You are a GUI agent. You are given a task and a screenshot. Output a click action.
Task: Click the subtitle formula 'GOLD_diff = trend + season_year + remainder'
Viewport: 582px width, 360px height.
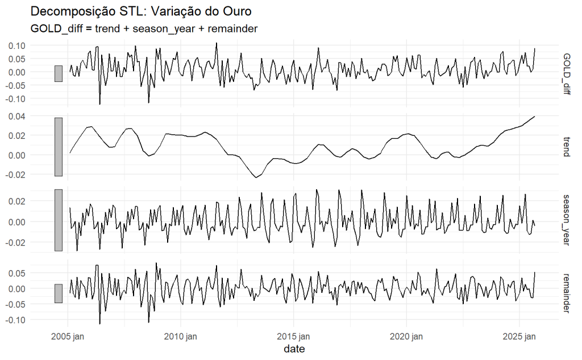[143, 28]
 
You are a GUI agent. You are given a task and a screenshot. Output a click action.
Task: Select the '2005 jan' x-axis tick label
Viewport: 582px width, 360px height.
[68, 337]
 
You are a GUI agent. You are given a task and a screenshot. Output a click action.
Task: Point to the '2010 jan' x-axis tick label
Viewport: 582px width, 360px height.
[180, 337]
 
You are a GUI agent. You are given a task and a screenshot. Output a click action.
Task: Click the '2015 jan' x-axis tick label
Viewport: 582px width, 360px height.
[293, 337]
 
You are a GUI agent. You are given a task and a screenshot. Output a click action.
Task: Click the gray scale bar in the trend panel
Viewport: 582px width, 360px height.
[58, 147]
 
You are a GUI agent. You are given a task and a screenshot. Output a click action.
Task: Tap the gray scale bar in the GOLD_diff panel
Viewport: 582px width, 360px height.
[58, 73]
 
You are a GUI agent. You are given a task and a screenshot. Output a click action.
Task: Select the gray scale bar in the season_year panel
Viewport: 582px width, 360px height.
[58, 220]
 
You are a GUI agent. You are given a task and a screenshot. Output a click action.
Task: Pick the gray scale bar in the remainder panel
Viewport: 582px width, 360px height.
[58, 293]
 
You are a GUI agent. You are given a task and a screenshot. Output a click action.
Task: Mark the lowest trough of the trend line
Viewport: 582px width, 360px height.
[256, 177]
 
